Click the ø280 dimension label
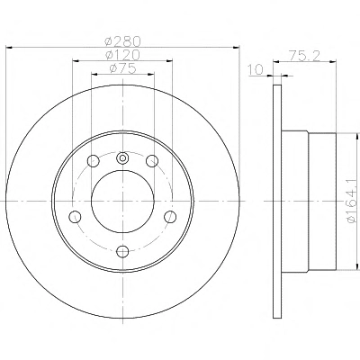click(x=122, y=41)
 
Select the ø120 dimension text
click(x=122, y=55)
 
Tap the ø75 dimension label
click(x=123, y=68)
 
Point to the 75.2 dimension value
click(x=304, y=56)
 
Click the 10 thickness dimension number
click(x=256, y=69)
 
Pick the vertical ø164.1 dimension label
click(x=353, y=200)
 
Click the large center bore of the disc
click(x=122, y=202)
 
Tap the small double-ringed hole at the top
click(x=122, y=158)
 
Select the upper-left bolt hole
click(x=94, y=161)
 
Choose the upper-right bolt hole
click(x=152, y=161)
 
